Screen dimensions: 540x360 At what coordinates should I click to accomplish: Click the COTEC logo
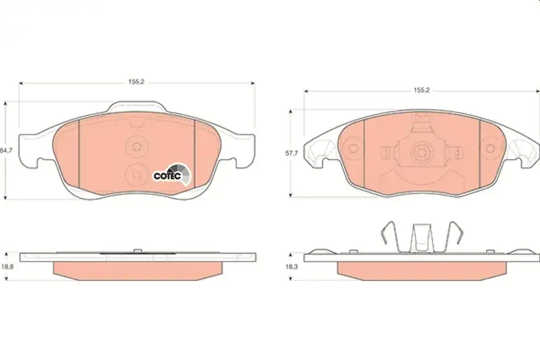point(172,174)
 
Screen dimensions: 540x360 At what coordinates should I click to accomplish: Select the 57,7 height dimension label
point(292,153)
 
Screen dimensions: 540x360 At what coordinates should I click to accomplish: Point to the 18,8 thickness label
point(7,267)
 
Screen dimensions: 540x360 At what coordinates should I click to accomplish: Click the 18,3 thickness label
point(291,266)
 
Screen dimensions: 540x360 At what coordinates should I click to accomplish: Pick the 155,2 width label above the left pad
point(136,82)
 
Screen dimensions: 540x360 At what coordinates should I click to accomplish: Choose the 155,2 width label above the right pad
point(422,90)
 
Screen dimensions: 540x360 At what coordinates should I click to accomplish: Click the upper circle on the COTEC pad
point(137,147)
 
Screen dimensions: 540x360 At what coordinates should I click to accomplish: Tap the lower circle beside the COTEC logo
point(137,174)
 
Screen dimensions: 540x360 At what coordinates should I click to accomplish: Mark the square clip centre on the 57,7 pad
point(421,151)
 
